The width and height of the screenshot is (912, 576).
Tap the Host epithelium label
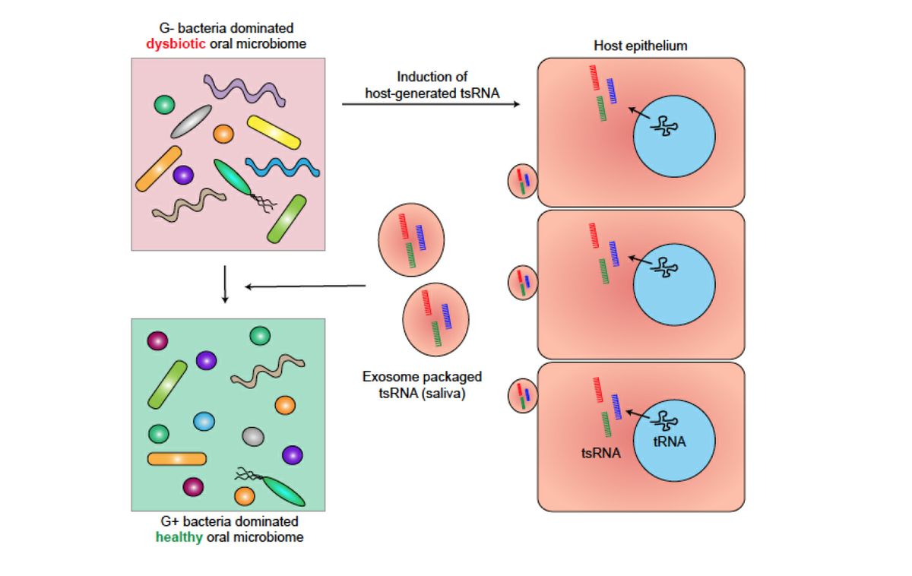640,46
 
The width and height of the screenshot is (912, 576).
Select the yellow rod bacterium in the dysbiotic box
274,132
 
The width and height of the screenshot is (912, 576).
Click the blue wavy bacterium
282,166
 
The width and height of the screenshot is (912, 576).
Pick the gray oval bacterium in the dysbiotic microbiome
191,121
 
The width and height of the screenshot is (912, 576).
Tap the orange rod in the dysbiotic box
158,169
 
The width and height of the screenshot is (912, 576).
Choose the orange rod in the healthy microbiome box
176,458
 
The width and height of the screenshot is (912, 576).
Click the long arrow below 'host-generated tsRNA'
430,103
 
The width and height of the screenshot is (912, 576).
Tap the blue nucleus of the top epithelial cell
673,136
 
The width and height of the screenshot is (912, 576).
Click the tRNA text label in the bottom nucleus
669,441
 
